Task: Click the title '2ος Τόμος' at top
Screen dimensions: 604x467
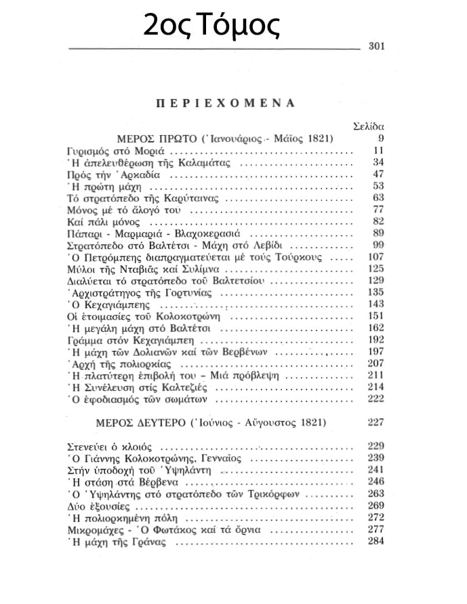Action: pyautogui.click(x=211, y=25)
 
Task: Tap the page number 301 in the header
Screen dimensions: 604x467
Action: pyautogui.click(x=376, y=47)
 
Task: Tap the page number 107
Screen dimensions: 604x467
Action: pyautogui.click(x=375, y=257)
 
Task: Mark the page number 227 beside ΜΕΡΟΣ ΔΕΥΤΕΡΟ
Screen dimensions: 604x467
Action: pyautogui.click(x=375, y=421)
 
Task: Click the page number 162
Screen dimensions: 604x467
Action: pyautogui.click(x=375, y=328)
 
